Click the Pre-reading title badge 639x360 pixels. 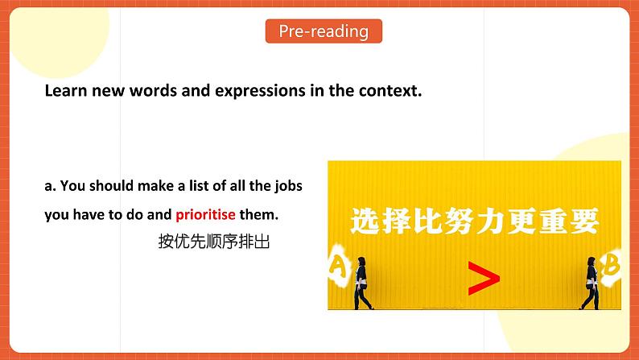(x=324, y=31)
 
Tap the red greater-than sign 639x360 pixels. (x=483, y=279)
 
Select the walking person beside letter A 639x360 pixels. (x=362, y=282)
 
